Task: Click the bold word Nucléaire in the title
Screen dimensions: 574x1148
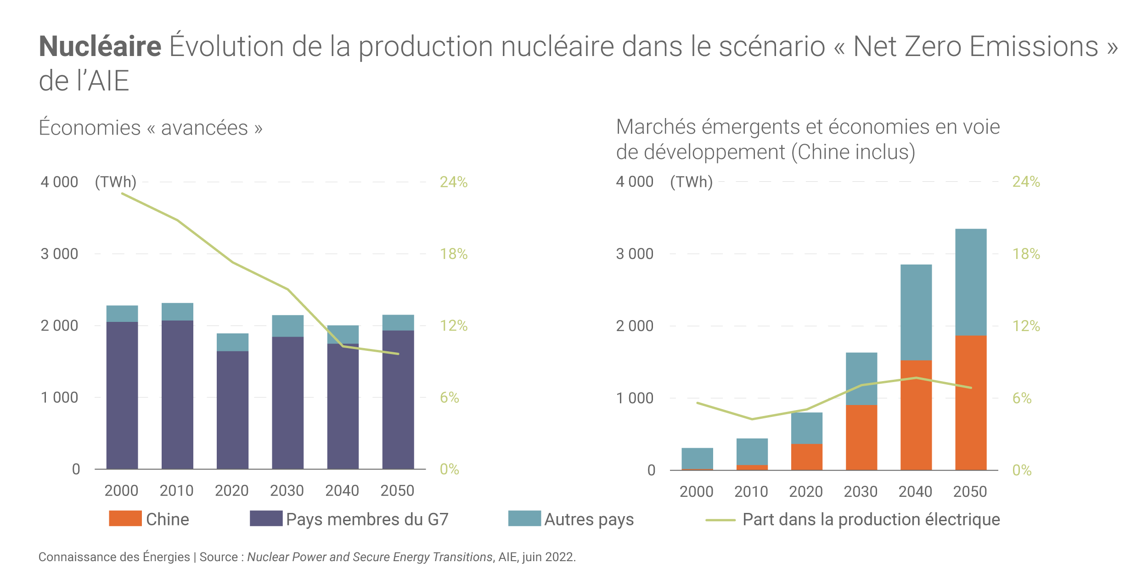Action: point(100,46)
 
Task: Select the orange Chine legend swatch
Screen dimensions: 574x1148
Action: point(125,518)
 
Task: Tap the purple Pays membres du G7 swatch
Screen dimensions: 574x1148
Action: point(266,518)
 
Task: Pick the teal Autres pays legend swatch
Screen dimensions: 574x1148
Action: point(524,518)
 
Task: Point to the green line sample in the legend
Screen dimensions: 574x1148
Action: point(720,520)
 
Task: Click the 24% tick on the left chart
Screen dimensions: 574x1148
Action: point(454,182)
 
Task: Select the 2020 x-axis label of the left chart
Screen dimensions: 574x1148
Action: point(231,491)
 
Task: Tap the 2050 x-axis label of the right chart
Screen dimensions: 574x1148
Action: point(970,492)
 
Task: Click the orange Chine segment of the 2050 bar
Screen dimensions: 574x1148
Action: point(971,403)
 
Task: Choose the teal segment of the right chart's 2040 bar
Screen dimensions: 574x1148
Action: point(916,312)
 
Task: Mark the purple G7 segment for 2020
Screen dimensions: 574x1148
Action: point(232,410)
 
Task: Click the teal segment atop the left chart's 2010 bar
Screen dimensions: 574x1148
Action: point(177,312)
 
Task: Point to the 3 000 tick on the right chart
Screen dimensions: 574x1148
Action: point(635,254)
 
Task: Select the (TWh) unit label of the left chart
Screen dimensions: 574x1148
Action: point(116,182)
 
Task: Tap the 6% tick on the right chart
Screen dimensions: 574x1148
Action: point(1022,398)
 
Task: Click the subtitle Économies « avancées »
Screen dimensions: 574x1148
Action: point(151,128)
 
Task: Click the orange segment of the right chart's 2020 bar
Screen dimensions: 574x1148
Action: point(806,457)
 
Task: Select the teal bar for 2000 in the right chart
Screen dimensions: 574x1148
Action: point(697,458)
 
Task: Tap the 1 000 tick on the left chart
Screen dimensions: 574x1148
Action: point(60,398)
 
